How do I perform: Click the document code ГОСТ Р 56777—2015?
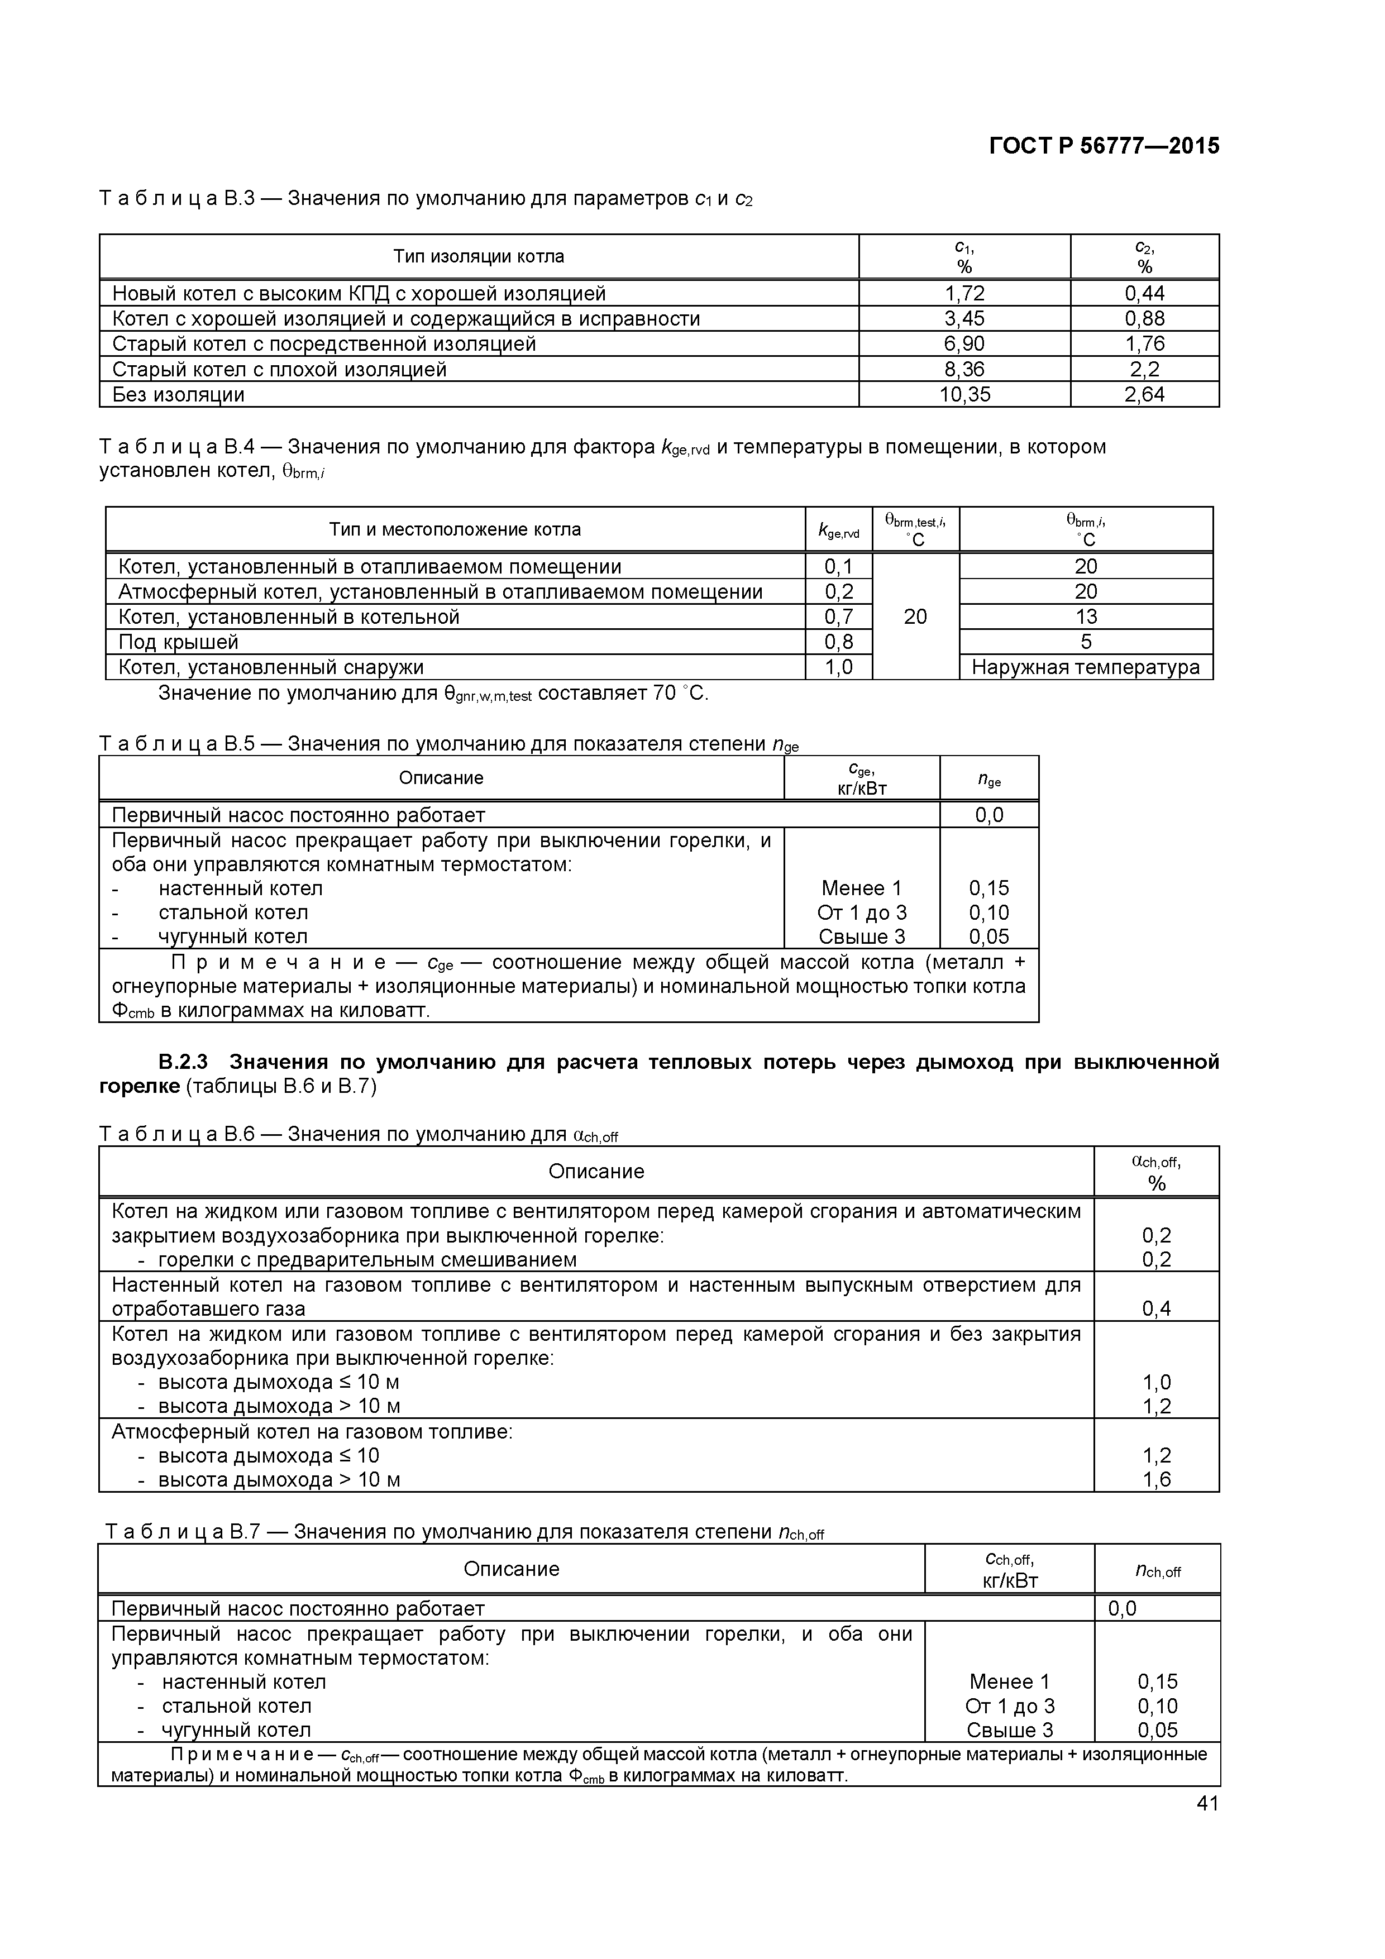coord(1104,146)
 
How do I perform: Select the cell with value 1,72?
coord(964,294)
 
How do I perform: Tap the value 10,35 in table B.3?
coord(964,394)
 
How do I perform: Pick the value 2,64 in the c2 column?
coord(1144,394)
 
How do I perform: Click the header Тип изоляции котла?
coord(478,256)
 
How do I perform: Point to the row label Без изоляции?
coord(178,394)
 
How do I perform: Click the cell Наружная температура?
coord(1086,667)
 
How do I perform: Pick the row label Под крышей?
coord(178,642)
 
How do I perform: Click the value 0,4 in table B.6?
coord(1156,1308)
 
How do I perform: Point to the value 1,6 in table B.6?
coord(1156,1479)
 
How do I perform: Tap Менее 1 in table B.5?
coord(861,888)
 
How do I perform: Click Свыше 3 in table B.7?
coord(1010,1729)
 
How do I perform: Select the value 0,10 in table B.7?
coord(1157,1705)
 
